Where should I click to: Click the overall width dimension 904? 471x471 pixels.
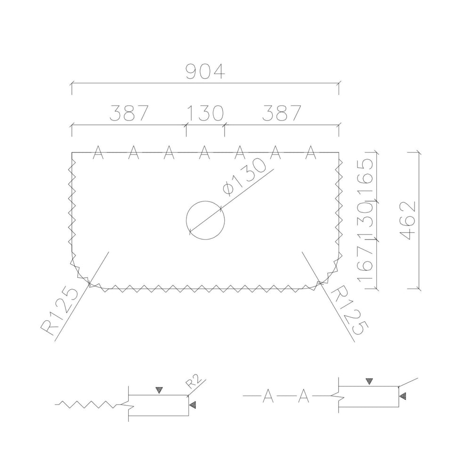205,72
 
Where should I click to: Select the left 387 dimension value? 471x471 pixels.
129,113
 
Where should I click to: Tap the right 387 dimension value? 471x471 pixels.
282,113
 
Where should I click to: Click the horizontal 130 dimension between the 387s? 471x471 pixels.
206,113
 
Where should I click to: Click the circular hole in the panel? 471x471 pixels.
205,201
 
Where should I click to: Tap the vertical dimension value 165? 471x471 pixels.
365,178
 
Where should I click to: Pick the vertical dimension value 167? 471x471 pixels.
365,264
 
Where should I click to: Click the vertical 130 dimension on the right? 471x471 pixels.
365,221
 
